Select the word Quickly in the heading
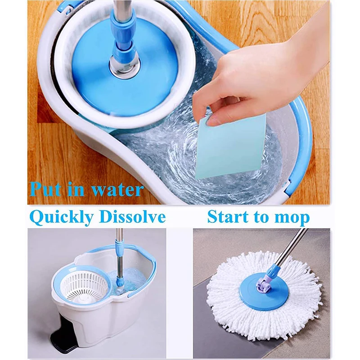[x=62, y=217]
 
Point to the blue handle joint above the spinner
[x=123, y=47]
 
